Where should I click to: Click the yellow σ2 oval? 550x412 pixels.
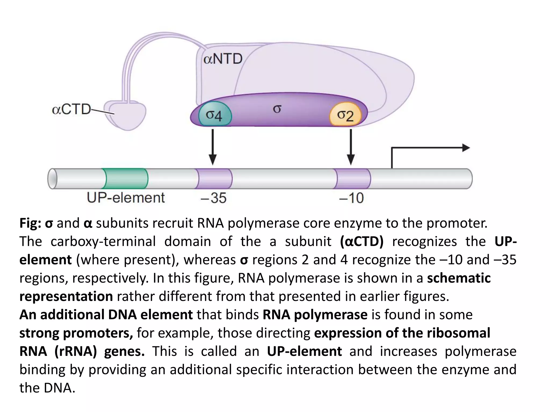345,115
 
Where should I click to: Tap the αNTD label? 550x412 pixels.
223,59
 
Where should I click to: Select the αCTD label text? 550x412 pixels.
71,110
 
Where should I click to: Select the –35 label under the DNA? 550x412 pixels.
214,198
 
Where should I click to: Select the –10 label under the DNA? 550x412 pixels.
351,198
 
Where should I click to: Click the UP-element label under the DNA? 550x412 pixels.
126,198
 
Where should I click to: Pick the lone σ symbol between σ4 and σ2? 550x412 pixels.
277,109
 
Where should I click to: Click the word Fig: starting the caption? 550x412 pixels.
30,223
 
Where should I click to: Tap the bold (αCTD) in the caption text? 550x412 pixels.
361,241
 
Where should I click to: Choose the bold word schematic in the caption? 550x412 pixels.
459,278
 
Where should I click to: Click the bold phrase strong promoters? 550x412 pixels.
76,333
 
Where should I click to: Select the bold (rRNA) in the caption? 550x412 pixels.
75,351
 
